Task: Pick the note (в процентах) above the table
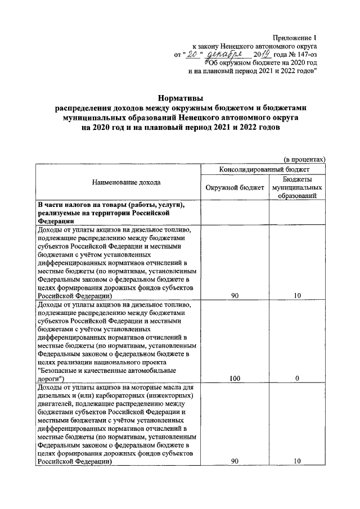tap(304, 159)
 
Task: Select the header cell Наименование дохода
tap(119, 182)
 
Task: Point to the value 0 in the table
tap(296, 379)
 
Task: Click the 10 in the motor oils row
tap(296, 461)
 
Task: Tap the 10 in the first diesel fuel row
tap(296, 295)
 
